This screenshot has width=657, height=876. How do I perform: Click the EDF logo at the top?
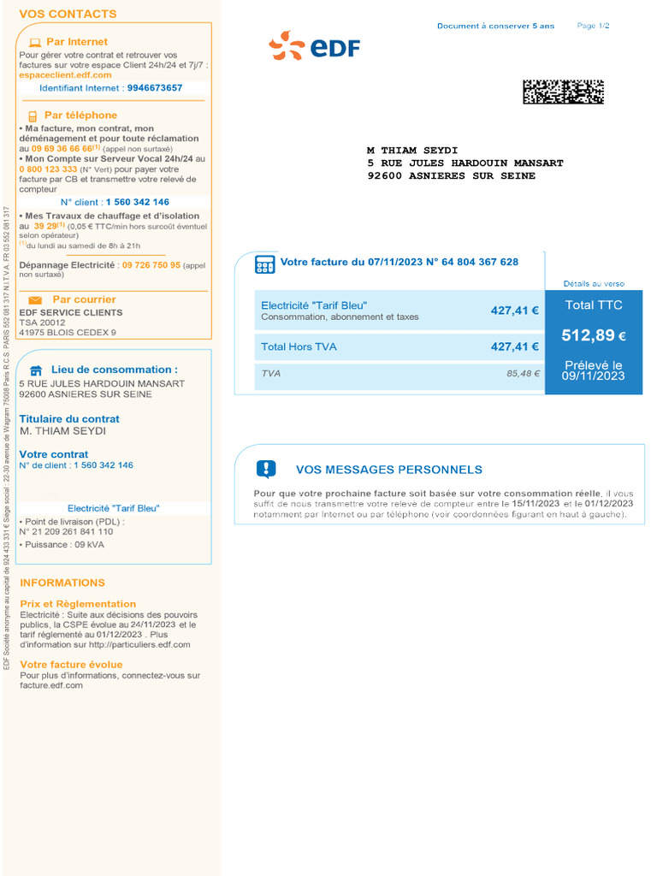point(314,46)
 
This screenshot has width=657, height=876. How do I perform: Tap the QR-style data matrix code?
point(563,92)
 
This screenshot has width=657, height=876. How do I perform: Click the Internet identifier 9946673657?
point(154,88)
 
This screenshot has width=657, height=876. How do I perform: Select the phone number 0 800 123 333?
point(48,169)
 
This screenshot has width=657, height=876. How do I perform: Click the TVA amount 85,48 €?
point(523,374)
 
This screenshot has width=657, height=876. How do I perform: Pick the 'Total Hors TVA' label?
point(299,346)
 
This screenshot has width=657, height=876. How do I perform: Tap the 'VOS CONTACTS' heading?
point(68,15)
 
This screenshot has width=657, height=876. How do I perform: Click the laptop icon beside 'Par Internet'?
point(35,42)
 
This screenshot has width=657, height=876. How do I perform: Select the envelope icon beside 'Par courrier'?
point(35,300)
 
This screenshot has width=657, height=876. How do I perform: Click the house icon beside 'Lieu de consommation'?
point(36,370)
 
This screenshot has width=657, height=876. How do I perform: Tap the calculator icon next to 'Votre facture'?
point(264,264)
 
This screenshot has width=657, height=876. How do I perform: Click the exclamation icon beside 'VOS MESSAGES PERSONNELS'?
point(266,469)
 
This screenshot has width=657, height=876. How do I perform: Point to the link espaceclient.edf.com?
point(65,75)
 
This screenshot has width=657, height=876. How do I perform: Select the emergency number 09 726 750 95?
point(151,265)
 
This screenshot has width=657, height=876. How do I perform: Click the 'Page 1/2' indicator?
point(593,26)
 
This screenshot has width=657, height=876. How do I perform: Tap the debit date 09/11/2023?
point(593,376)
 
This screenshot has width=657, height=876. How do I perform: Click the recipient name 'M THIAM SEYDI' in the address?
point(407,151)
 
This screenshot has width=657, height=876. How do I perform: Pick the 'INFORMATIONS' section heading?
point(62,583)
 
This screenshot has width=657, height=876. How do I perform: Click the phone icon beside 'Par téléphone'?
point(33,116)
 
